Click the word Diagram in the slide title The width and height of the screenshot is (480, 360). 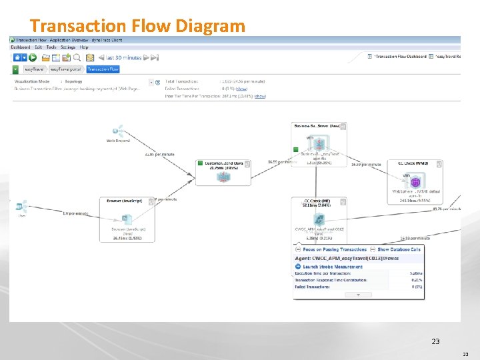(x=210, y=25)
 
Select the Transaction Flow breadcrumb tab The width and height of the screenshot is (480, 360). (x=103, y=69)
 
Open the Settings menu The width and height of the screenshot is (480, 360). (x=68, y=47)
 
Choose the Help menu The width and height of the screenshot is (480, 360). (x=84, y=47)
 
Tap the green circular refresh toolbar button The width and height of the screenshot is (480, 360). (x=33, y=58)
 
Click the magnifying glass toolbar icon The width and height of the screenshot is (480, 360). (x=77, y=58)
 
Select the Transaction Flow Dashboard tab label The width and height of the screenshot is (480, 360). (x=400, y=57)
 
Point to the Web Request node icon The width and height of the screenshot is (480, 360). (x=119, y=130)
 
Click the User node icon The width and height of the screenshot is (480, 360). (x=22, y=206)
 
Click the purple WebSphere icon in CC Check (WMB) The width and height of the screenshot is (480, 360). (x=415, y=181)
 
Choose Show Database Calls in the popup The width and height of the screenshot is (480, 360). (x=399, y=249)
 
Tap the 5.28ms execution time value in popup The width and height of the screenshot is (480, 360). (x=416, y=273)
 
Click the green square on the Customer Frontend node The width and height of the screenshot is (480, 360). (x=200, y=163)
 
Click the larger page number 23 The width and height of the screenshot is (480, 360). (x=435, y=341)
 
